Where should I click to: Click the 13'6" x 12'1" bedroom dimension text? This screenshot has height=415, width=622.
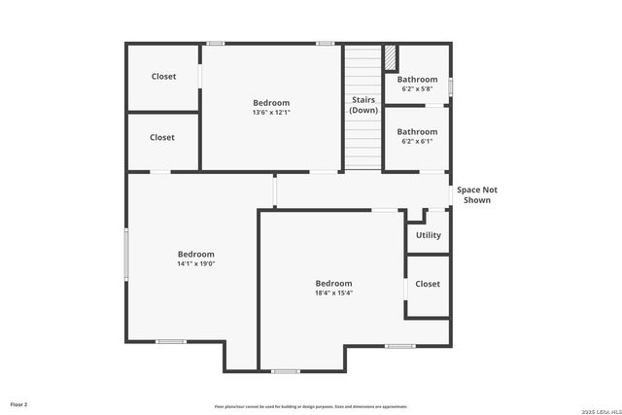(271, 113)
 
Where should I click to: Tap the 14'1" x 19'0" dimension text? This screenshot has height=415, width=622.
(195, 263)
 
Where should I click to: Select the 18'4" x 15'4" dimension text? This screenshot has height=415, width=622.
(333, 293)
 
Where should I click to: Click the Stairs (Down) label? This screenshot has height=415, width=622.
(363, 104)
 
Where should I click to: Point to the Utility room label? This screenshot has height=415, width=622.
(429, 235)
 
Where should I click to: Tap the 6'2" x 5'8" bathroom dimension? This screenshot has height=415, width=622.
(417, 88)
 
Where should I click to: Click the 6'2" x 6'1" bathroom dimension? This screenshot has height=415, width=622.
(417, 141)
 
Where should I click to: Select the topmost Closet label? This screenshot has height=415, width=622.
(163, 77)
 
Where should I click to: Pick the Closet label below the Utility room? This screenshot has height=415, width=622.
(428, 284)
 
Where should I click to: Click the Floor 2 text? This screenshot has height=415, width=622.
(19, 403)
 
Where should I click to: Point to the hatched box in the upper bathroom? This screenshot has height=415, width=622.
(391, 57)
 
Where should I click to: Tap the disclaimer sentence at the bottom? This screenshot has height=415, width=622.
(311, 406)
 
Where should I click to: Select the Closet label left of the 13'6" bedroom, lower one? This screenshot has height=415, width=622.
(163, 137)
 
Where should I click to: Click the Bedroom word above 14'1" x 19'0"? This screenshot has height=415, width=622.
(195, 254)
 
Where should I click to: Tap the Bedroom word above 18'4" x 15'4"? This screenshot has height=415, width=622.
(333, 283)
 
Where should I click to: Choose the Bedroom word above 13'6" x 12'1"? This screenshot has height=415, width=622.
(271, 103)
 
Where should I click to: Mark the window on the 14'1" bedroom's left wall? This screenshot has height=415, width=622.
(126, 255)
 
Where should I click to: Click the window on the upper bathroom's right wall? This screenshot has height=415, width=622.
(450, 84)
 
